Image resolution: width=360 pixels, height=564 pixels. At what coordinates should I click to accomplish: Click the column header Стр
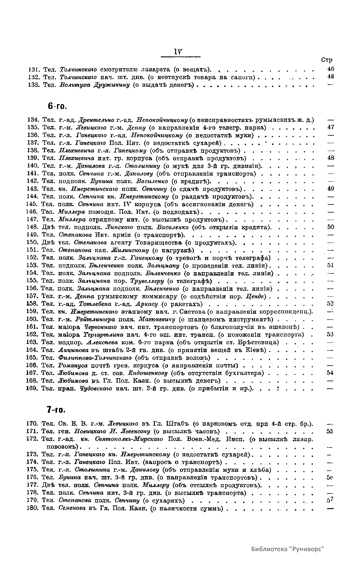[326, 60]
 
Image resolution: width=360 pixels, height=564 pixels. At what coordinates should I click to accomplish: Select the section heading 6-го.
[57, 106]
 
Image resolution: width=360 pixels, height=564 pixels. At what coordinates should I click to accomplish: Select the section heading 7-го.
[56, 410]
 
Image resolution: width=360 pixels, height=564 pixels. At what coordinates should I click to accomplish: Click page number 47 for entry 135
[331, 127]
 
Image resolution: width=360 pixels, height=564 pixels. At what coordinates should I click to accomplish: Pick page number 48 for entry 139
[331, 158]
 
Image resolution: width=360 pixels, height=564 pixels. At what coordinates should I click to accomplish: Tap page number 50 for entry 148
[331, 227]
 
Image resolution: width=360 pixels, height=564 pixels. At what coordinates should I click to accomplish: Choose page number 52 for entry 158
[331, 304]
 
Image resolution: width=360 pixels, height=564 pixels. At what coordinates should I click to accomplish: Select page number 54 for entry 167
[331, 373]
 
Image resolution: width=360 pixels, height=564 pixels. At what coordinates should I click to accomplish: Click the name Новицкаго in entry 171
[86, 431]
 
